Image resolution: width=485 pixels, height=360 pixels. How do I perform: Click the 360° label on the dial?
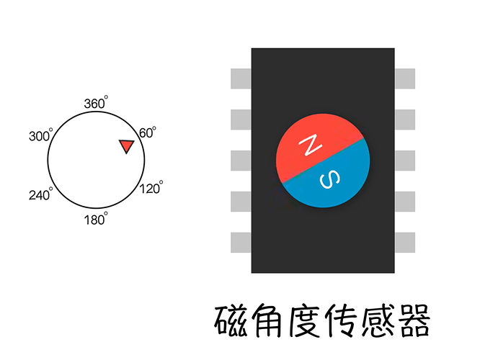96,102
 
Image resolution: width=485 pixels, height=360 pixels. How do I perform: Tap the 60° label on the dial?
148,132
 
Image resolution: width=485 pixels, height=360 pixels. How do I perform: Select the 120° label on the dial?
151,187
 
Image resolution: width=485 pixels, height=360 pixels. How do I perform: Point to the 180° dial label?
96,219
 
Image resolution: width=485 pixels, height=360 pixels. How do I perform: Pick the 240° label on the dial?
41,194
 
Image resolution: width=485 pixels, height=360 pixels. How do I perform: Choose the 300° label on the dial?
41,135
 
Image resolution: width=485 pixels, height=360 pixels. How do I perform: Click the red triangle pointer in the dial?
127,146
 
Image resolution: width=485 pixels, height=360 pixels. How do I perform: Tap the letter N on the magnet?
310,145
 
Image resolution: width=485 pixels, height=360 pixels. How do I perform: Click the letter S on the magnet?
330,179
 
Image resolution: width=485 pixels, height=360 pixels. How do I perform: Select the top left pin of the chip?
241,78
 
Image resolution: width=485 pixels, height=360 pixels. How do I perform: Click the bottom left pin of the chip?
241,243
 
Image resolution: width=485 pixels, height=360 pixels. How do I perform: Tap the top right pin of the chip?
405,78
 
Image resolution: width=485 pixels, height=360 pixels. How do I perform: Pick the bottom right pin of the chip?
405,243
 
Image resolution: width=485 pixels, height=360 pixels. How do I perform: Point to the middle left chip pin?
241,161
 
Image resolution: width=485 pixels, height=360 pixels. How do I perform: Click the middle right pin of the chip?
405,161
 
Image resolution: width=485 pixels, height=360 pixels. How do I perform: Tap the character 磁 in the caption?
231,320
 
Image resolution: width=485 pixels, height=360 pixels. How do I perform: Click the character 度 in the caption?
304,320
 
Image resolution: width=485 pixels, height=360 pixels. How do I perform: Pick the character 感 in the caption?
378,320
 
